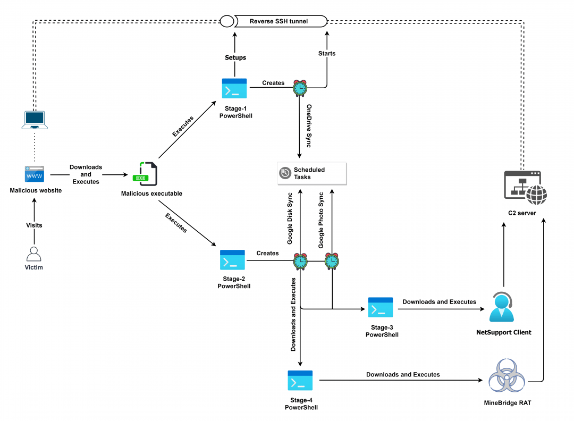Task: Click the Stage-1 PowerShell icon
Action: tap(234, 89)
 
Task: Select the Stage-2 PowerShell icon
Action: tap(232, 260)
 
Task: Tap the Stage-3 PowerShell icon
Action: tap(381, 307)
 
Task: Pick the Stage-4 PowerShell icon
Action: tap(300, 381)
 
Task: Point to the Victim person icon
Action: tap(34, 254)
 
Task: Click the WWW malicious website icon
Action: tap(35, 174)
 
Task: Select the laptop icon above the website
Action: tap(35, 120)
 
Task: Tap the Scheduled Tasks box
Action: tap(311, 173)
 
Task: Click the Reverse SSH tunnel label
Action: tap(279, 21)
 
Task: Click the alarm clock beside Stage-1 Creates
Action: tap(300, 87)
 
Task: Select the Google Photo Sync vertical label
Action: tap(321, 220)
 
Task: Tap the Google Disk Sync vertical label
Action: tap(290, 218)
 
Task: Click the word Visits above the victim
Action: tap(34, 225)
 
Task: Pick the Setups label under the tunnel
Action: tap(235, 57)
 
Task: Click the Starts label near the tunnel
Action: tap(327, 54)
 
